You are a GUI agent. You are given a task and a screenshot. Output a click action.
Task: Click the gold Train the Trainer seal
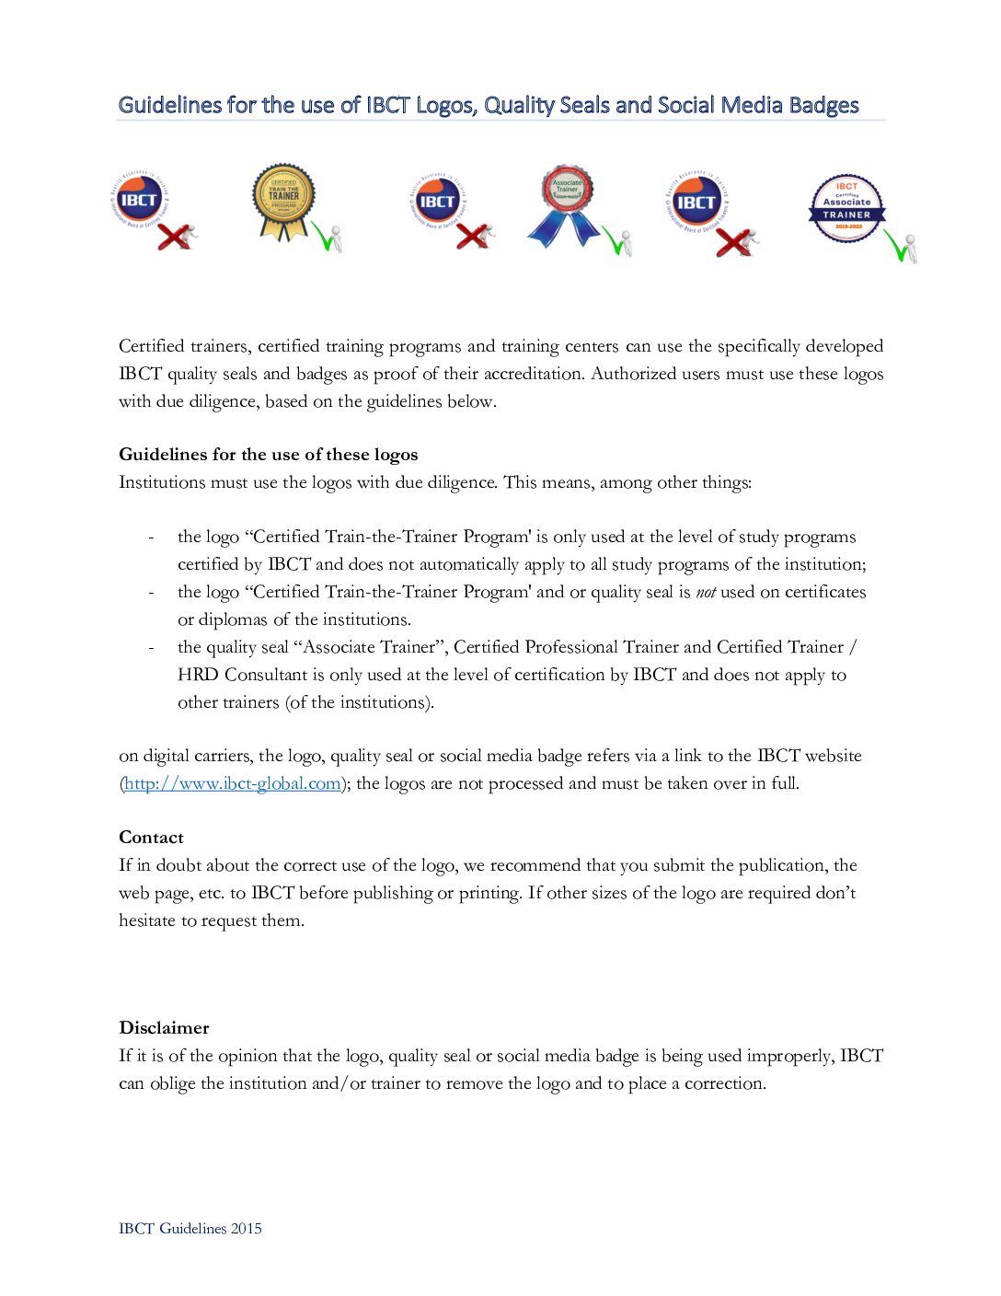(x=283, y=201)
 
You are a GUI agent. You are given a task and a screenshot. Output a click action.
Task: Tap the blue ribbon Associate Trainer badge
(x=565, y=204)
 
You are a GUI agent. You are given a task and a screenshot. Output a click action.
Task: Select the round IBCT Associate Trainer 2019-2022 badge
(x=846, y=208)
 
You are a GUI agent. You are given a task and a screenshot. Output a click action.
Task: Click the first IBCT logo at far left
(x=139, y=201)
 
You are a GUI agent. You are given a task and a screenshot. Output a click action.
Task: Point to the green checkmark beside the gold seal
(x=325, y=237)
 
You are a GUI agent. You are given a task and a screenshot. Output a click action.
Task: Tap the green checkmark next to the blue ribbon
(x=616, y=241)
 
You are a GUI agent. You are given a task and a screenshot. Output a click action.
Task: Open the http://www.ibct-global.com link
(x=233, y=783)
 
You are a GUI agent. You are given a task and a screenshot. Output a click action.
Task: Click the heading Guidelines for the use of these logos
(x=268, y=455)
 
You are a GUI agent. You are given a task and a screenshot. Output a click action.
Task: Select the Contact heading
(x=151, y=838)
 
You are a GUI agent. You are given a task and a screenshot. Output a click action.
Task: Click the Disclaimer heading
(x=164, y=1028)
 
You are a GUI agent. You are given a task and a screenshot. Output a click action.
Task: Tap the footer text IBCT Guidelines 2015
(x=190, y=1229)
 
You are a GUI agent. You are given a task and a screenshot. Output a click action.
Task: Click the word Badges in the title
(x=823, y=106)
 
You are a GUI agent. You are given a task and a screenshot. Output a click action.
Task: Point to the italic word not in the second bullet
(x=705, y=593)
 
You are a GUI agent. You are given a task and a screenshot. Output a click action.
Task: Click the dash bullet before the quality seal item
(x=151, y=648)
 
